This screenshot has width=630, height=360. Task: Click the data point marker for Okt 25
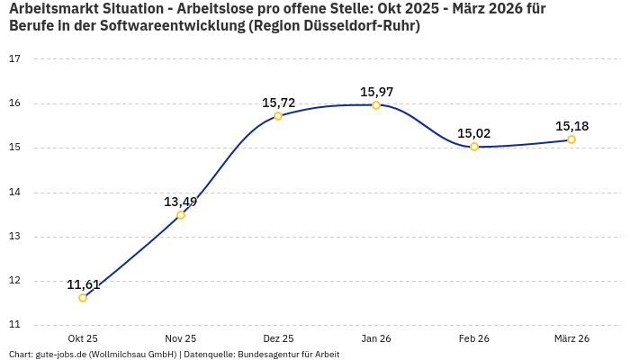pyautogui.click(x=83, y=298)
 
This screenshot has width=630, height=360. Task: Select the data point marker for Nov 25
pyautogui.click(x=181, y=215)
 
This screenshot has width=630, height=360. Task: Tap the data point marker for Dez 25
pyautogui.click(x=278, y=116)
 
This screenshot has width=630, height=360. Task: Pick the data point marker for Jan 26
pyautogui.click(x=376, y=105)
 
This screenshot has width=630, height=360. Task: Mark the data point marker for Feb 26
pyautogui.click(x=474, y=147)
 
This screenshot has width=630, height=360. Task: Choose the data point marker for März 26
pyautogui.click(x=571, y=139)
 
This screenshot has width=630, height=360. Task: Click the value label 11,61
pyautogui.click(x=83, y=284)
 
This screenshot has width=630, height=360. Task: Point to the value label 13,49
pyautogui.click(x=181, y=202)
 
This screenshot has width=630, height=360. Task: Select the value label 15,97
pyautogui.click(x=376, y=92)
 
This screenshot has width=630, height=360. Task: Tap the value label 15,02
pyautogui.click(x=474, y=133)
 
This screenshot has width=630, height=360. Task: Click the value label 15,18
pyautogui.click(x=571, y=126)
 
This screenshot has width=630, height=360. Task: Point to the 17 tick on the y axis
pyautogui.click(x=14, y=59)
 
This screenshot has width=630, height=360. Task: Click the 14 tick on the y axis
pyautogui.click(x=14, y=193)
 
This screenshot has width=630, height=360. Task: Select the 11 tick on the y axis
pyautogui.click(x=14, y=325)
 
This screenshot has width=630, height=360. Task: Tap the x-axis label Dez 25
pyautogui.click(x=278, y=338)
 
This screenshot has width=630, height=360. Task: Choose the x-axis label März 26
pyautogui.click(x=571, y=338)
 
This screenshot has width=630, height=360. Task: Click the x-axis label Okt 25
pyautogui.click(x=83, y=338)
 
